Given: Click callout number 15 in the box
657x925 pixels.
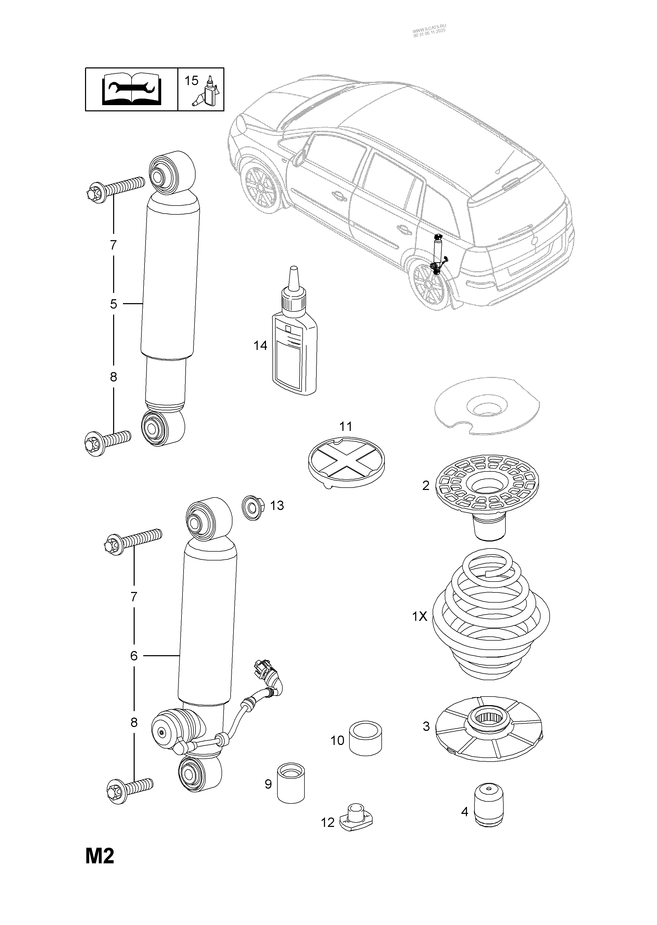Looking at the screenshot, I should pos(191,81).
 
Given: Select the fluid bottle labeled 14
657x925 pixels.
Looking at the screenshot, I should pos(294,340).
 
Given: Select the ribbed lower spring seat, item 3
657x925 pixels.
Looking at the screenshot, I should pos(489,727).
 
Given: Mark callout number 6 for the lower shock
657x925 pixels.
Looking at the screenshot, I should pos(134,655).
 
